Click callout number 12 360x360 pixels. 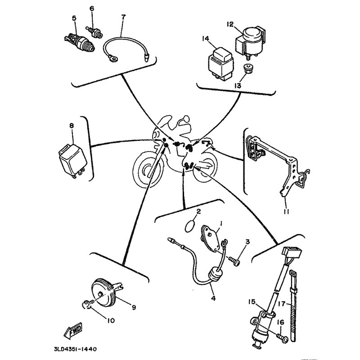point(230,24)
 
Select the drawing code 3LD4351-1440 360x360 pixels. point(75,349)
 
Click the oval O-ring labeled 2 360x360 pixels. point(190,226)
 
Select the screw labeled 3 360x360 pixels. point(234,261)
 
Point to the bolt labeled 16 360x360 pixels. point(283,338)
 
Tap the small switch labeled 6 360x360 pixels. point(94,32)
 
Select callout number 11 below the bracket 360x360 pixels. point(286,211)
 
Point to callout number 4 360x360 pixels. point(213,298)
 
